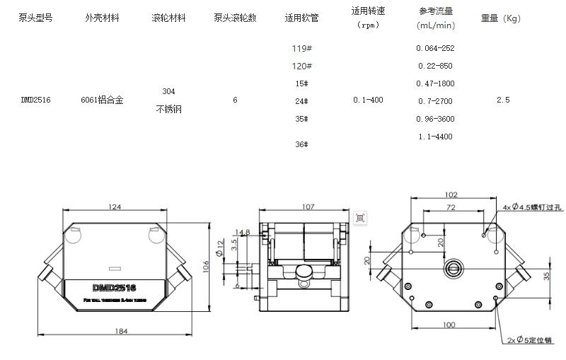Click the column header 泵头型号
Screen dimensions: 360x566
pyautogui.click(x=35, y=18)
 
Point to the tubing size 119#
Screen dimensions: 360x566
pyautogui.click(x=303, y=49)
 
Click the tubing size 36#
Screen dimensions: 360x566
pyautogui.click(x=301, y=144)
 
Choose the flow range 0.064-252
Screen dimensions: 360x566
pyautogui.click(x=436, y=49)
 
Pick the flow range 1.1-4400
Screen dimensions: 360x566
pyautogui.click(x=436, y=137)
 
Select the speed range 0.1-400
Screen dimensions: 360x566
pyautogui.click(x=368, y=100)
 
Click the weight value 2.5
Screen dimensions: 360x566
pyautogui.click(x=503, y=100)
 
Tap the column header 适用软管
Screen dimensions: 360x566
pyautogui.click(x=302, y=18)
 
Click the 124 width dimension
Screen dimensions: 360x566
pyautogui.click(x=115, y=207)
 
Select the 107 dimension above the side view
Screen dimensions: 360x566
pyautogui.click(x=307, y=207)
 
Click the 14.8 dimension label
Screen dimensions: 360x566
pyautogui.click(x=242, y=232)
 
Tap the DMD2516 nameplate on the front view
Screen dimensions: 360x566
pyautogui.click(x=114, y=287)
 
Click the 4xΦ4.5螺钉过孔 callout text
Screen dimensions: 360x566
pyautogui.click(x=531, y=207)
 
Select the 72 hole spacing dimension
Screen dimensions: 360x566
pyautogui.click(x=450, y=207)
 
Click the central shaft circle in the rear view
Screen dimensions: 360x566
pyautogui.click(x=452, y=269)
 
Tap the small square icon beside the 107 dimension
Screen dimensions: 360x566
pyautogui.click(x=360, y=218)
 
